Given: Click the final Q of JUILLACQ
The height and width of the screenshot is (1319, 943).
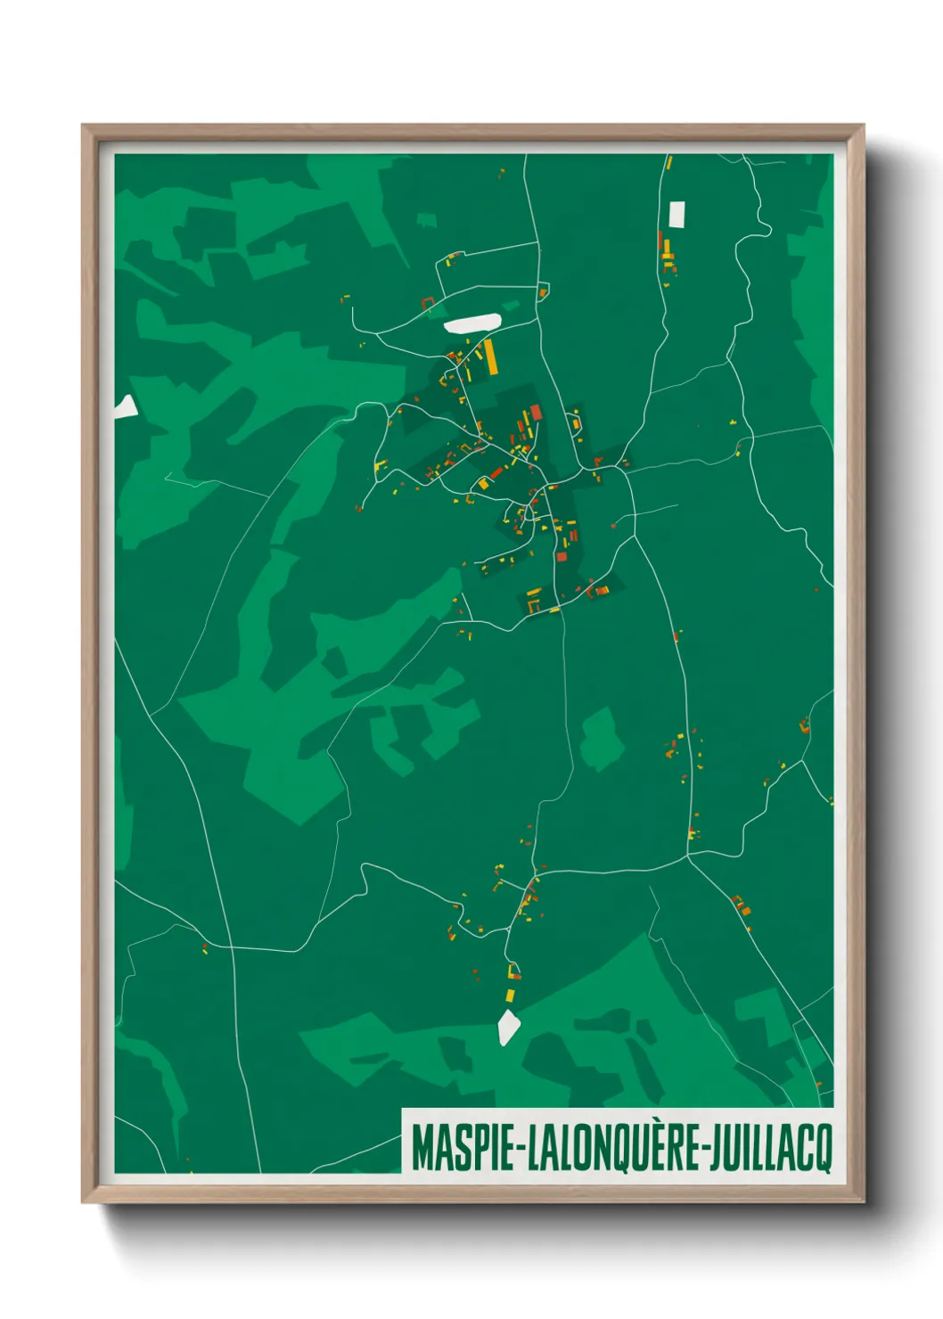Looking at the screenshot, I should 824,1149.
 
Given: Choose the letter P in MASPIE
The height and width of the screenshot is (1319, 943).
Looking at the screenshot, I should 469,1148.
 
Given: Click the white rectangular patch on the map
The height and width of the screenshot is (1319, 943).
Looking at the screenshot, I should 676,214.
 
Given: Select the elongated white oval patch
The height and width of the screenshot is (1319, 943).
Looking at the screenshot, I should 471,324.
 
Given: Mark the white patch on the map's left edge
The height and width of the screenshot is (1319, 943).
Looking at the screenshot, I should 126,408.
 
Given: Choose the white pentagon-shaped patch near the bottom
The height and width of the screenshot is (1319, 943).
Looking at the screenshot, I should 508,1027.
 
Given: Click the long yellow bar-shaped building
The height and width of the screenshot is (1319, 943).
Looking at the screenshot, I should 490,356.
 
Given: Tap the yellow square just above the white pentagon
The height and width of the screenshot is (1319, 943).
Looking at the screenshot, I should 511,995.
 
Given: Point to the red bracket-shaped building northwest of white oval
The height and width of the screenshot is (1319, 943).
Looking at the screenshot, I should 427,303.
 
